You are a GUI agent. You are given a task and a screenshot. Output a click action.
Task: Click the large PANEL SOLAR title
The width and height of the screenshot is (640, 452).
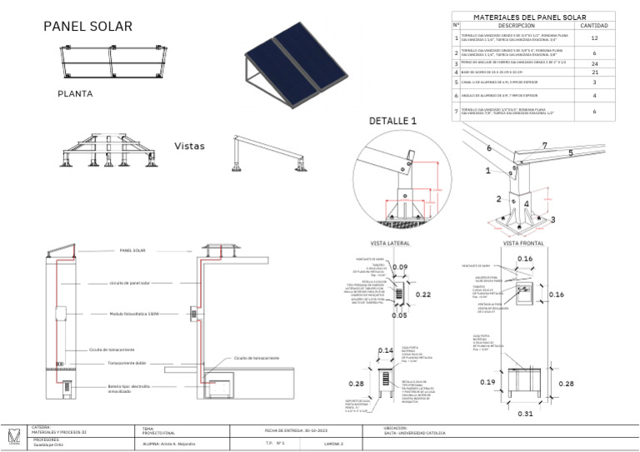click(x=87, y=27)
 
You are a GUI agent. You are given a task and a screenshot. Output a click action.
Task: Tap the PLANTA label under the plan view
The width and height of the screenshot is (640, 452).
click(x=75, y=93)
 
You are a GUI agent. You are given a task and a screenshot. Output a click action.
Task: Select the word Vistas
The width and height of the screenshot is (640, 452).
click(x=189, y=146)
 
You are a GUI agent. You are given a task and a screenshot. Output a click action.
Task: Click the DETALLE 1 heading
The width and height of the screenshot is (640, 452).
click(x=392, y=122)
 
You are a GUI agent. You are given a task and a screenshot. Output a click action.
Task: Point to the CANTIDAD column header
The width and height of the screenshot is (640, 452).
click(x=594, y=25)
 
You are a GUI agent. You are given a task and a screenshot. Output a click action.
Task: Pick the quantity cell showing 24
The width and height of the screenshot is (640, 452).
click(x=594, y=63)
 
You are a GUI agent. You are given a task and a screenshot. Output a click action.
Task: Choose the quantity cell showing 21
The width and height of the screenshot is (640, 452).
click(x=594, y=73)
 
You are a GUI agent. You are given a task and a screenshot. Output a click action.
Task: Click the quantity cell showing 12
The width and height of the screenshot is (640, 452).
click(x=594, y=38)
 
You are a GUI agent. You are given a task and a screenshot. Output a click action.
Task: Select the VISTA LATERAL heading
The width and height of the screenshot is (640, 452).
click(x=390, y=244)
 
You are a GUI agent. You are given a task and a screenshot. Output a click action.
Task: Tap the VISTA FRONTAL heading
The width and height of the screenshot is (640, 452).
click(x=523, y=244)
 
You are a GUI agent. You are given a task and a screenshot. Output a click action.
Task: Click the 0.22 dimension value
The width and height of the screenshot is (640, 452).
click(x=422, y=295)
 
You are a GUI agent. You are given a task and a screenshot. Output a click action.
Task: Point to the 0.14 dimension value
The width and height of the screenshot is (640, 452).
click(x=385, y=351)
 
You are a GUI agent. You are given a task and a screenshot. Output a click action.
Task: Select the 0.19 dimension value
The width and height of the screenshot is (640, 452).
click(x=487, y=382)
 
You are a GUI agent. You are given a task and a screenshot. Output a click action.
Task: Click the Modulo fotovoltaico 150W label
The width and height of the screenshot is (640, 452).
click(x=133, y=314)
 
